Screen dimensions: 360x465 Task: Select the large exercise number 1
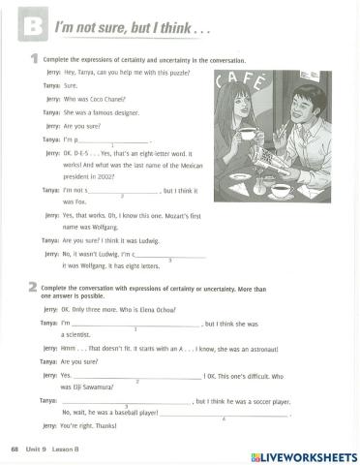(x=34, y=61)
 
